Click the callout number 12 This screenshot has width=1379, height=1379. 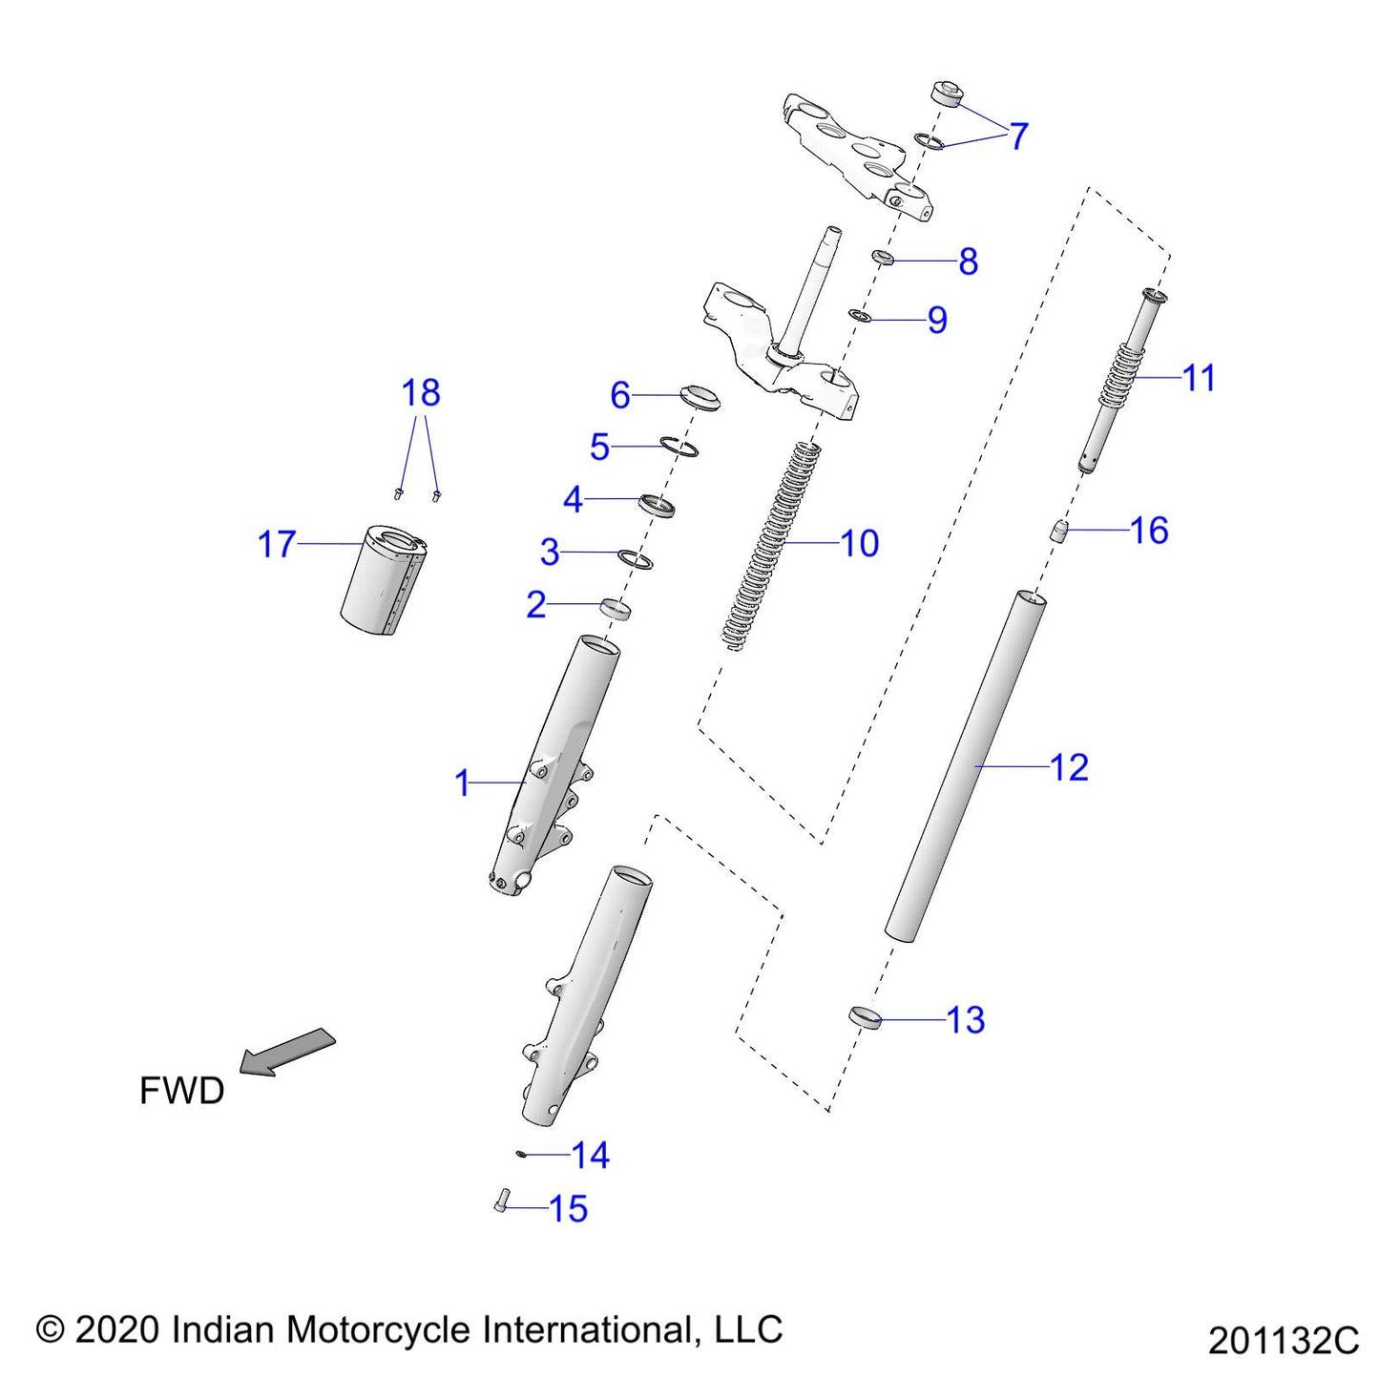(1069, 767)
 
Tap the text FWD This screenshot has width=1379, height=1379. (181, 1090)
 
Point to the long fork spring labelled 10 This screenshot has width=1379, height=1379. (773, 544)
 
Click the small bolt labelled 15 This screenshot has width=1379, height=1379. (503, 1201)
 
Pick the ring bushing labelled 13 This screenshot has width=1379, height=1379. (864, 1017)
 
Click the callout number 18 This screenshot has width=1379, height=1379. (420, 393)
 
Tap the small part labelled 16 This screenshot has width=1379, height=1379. (1057, 531)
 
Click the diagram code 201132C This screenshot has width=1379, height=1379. (1283, 1340)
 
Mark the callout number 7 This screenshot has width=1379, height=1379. (1018, 136)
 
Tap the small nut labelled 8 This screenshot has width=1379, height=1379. (883, 258)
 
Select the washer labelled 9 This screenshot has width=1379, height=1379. (859, 315)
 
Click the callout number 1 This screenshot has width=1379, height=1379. (463, 784)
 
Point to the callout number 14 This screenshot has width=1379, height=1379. (590, 1156)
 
